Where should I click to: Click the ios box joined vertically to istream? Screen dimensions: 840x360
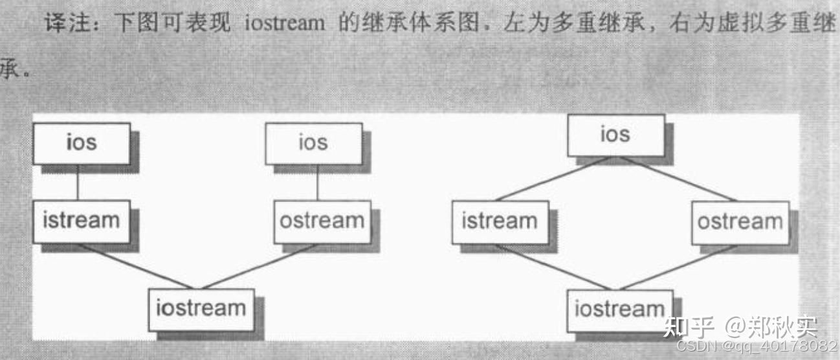click(82, 143)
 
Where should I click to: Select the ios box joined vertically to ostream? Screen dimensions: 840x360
click(313, 143)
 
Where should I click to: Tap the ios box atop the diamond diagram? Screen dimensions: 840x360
click(615, 135)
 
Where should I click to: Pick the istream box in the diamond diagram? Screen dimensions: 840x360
click(500, 221)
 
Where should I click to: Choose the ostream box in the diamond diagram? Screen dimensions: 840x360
click(740, 222)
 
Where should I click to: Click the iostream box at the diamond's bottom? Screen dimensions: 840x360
click(619, 309)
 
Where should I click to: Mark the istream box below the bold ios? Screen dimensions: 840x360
click(82, 221)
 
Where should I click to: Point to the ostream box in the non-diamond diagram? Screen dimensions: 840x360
click(322, 221)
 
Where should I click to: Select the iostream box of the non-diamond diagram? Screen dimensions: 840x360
click(201, 309)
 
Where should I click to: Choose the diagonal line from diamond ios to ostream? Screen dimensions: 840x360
click(680, 179)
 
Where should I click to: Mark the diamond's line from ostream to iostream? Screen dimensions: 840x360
click(680, 267)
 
